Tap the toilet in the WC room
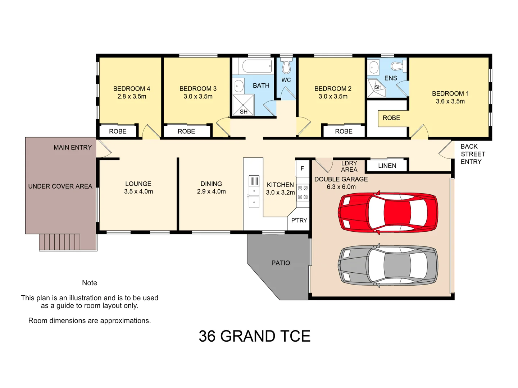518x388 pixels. click(x=286, y=66)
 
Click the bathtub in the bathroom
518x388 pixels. click(x=256, y=66)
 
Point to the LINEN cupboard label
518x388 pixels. click(x=387, y=166)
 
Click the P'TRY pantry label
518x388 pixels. click(x=299, y=221)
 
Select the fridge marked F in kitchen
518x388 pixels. click(x=302, y=168)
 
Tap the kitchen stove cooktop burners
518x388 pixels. click(x=303, y=193)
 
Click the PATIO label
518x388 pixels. click(x=281, y=263)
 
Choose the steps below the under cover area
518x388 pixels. click(x=60, y=242)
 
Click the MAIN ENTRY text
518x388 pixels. click(x=73, y=148)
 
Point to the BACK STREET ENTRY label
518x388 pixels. click(x=473, y=154)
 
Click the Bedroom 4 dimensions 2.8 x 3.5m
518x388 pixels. click(x=132, y=97)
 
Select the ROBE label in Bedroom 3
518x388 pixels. click(x=186, y=131)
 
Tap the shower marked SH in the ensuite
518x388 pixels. click(x=377, y=88)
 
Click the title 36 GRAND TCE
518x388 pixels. click(x=254, y=336)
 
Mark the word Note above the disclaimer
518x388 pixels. click(x=90, y=283)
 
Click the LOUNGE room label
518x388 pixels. click(x=138, y=184)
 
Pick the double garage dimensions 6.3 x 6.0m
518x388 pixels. click(x=341, y=187)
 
